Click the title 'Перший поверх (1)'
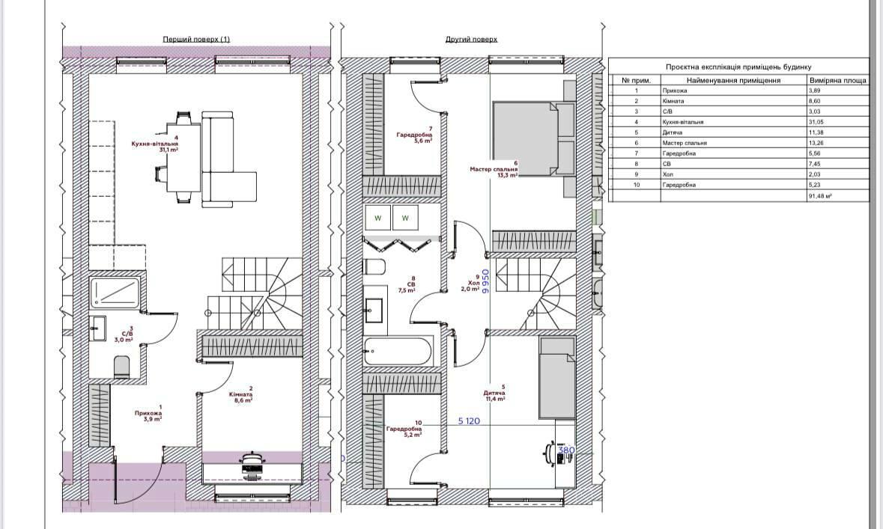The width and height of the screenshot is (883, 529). tap(196, 39)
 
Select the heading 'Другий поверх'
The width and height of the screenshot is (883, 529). tap(471, 39)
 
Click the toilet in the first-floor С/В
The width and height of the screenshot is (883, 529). tap(122, 366)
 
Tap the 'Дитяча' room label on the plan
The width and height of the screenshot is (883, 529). tap(494, 394)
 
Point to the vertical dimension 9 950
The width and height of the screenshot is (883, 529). tap(485, 284)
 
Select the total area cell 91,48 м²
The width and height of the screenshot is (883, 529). tap(837, 196)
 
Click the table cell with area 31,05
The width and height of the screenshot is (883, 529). tap(837, 121)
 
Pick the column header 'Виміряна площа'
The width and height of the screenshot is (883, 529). tap(837, 79)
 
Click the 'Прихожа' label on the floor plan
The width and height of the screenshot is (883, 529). tap(148, 413)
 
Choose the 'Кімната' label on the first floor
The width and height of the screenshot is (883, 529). tap(240, 394)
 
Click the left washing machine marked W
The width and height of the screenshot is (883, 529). tap(378, 218)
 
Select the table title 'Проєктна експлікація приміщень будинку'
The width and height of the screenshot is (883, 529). tap(738, 67)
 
